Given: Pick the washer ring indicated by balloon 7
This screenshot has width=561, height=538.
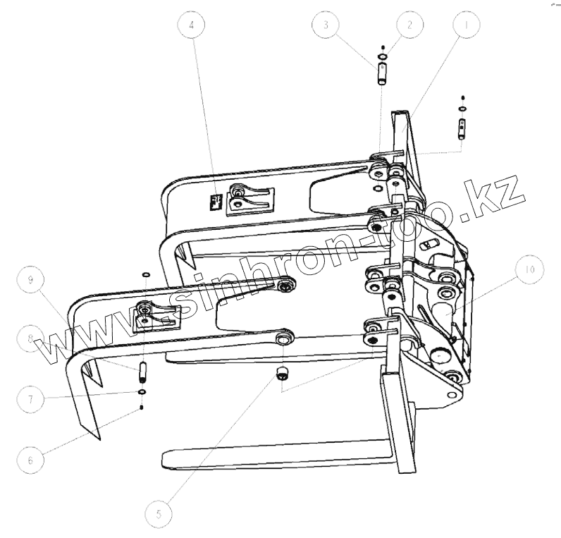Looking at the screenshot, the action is [x=142, y=391].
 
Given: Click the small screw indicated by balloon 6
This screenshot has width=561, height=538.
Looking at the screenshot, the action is [x=142, y=406].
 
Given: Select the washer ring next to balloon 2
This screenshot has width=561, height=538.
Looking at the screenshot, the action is [x=382, y=56].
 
